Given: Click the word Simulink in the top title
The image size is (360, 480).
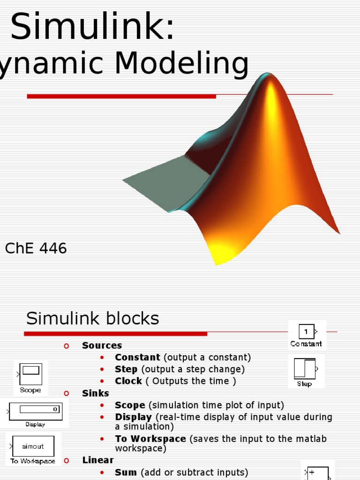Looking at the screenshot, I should pyautogui.click(x=92, y=27).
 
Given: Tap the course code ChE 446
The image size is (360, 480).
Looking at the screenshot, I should pyautogui.click(x=36, y=248).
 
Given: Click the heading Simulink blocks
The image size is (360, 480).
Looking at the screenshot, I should pyautogui.click(x=92, y=319).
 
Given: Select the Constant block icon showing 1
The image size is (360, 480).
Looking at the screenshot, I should pyautogui.click(x=306, y=332).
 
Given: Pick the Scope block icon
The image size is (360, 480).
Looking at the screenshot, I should pyautogui.click(x=30, y=374).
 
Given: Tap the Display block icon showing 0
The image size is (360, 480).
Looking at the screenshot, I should pyautogui.click(x=36, y=410).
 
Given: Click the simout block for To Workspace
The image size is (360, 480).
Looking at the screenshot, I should pyautogui.click(x=33, y=447).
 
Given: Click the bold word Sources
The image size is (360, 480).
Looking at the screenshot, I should pyautogui.click(x=102, y=345).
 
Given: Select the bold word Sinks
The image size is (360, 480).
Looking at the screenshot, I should pyautogui.click(x=96, y=393).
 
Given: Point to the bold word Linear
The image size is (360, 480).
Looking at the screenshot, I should pyautogui.click(x=98, y=460).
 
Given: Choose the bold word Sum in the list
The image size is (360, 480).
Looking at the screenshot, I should pyautogui.click(x=126, y=472).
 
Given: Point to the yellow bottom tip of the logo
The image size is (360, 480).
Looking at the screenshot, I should pyautogui.click(x=217, y=258).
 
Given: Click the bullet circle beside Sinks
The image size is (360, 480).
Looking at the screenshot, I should pyautogui.click(x=66, y=393).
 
